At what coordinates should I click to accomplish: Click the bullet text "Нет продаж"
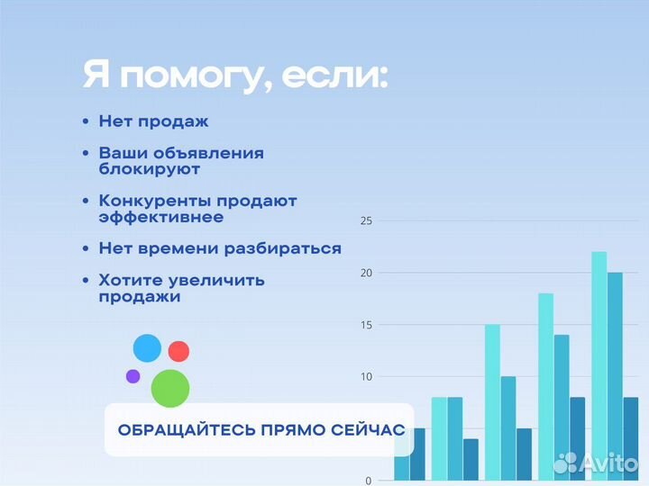coord(153,121)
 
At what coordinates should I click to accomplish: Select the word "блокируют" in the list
coord(150,168)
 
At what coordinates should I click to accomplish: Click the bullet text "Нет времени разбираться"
coord(220,248)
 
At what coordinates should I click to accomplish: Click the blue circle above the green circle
coord(147,348)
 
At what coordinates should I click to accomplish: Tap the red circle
coord(178,351)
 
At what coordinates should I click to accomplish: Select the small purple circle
coord(133,376)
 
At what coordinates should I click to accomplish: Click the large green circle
coord(170,388)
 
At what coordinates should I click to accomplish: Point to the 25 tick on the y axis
coord(366,220)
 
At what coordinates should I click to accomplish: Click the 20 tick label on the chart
coord(366,273)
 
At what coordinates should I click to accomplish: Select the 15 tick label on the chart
coord(366,324)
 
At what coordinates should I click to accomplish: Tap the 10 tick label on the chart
coord(366,376)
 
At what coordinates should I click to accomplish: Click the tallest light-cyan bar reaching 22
coord(599,360)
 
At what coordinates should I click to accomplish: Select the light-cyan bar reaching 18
coord(545,378)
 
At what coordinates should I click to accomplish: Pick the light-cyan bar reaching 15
coord(492,396)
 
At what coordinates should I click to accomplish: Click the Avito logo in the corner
coord(596,463)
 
